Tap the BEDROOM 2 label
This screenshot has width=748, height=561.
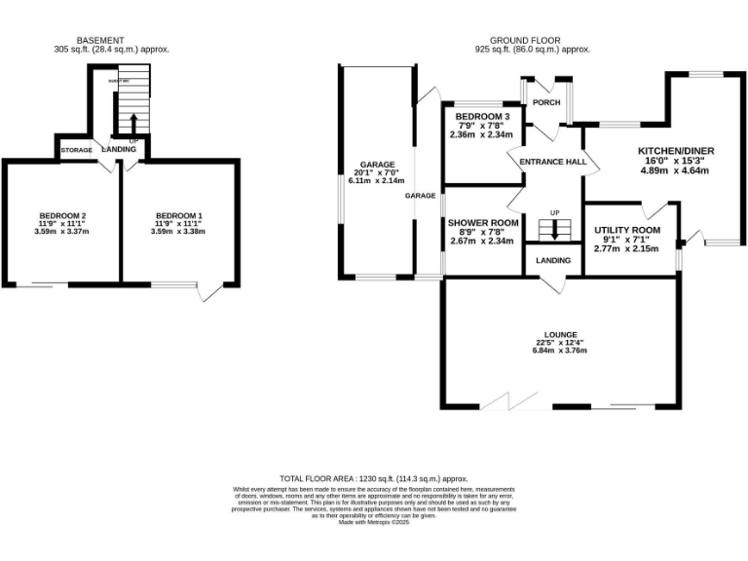63,215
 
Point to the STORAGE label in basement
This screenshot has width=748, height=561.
76,151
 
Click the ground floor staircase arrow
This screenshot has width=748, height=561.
556,232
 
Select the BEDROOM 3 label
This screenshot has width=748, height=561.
482,117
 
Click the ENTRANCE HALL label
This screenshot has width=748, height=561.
551,162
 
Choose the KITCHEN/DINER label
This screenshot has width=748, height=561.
676,151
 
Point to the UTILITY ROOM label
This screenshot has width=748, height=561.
627,231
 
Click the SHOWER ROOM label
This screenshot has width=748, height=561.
481,223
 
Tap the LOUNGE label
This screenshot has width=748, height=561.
562,333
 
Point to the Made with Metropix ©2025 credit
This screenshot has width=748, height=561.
374,523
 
